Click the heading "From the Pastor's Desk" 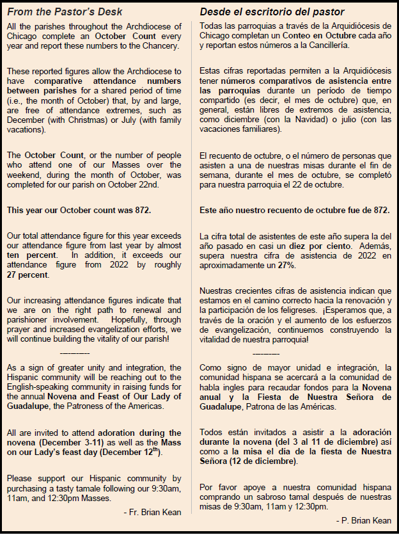tap(64, 12)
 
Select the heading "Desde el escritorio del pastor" tap(272, 12)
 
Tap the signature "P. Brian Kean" tap(365, 520)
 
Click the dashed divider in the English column tap(74, 353)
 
